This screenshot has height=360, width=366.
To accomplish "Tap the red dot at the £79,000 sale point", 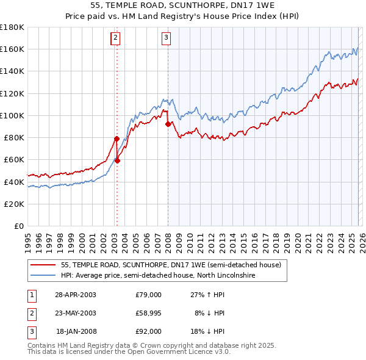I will click(x=117, y=139).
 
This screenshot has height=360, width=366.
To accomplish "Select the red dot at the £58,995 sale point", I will click(x=118, y=161).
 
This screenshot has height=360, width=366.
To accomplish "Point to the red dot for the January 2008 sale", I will click(x=168, y=124).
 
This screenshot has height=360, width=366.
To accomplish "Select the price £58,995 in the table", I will click(x=148, y=313).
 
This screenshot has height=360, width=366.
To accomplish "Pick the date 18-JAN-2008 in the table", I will click(x=76, y=331).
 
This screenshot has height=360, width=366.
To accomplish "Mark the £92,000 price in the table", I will click(x=148, y=331).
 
